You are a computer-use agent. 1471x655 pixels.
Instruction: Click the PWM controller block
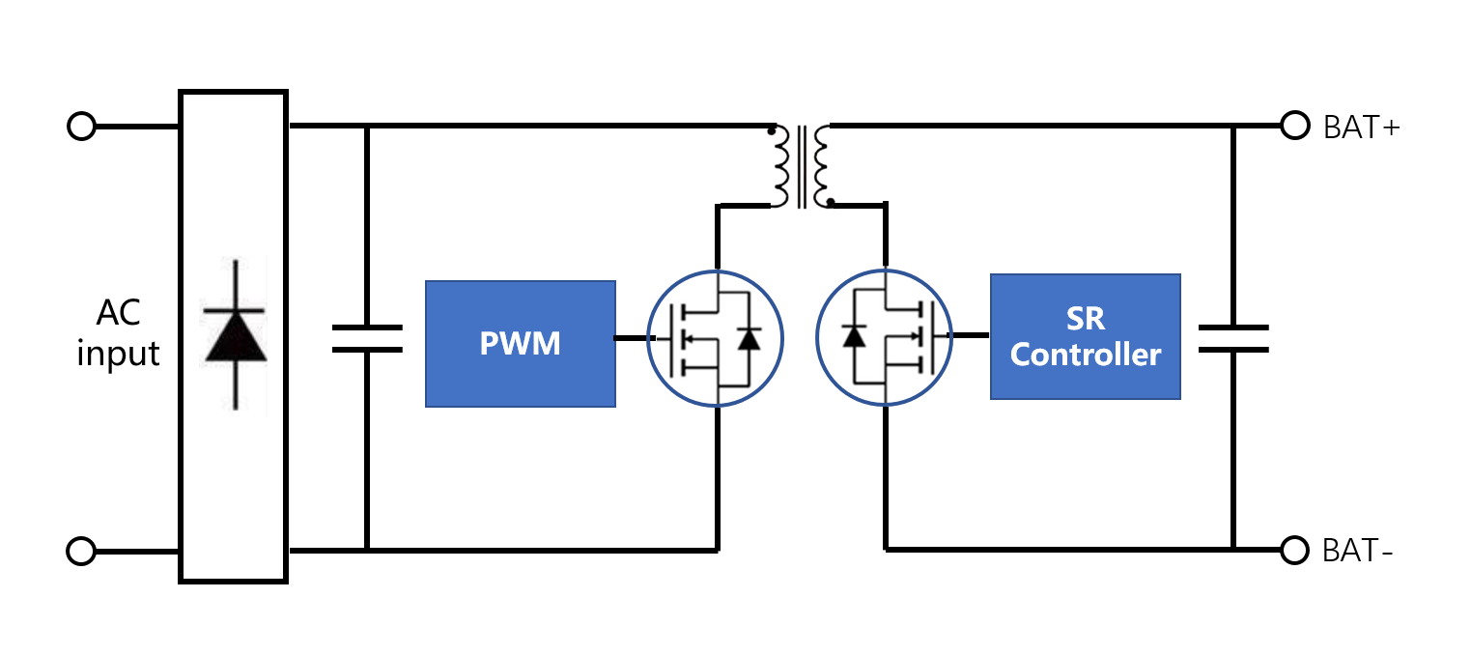[520, 344]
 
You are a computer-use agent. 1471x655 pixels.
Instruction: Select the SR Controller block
[1085, 336]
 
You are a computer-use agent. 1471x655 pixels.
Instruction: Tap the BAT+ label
[1361, 128]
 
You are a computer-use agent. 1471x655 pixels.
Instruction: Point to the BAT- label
[1357, 551]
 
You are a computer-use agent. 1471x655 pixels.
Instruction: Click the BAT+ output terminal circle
[1295, 126]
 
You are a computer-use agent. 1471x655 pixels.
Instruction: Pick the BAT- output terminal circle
[1294, 551]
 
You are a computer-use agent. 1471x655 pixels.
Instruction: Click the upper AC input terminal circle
[81, 127]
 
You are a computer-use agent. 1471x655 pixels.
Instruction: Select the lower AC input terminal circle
[81, 552]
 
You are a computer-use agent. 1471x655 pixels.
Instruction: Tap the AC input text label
[118, 333]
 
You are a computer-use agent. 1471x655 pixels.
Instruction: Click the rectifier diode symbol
[235, 335]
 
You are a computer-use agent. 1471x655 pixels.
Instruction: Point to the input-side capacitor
[367, 338]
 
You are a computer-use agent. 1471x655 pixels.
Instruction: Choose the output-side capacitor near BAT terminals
[1233, 338]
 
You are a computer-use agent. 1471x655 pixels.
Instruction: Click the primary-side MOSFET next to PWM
[715, 338]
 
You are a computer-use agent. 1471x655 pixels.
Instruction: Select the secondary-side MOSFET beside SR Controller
[884, 337]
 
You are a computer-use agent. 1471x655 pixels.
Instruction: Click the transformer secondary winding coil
[821, 167]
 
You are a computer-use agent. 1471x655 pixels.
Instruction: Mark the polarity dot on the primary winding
[771, 131]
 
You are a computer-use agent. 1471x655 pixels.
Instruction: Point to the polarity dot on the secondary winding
[831, 202]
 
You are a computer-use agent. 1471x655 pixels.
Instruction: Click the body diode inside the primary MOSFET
[749, 339]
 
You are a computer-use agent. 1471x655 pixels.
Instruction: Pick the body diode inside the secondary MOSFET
[854, 336]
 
